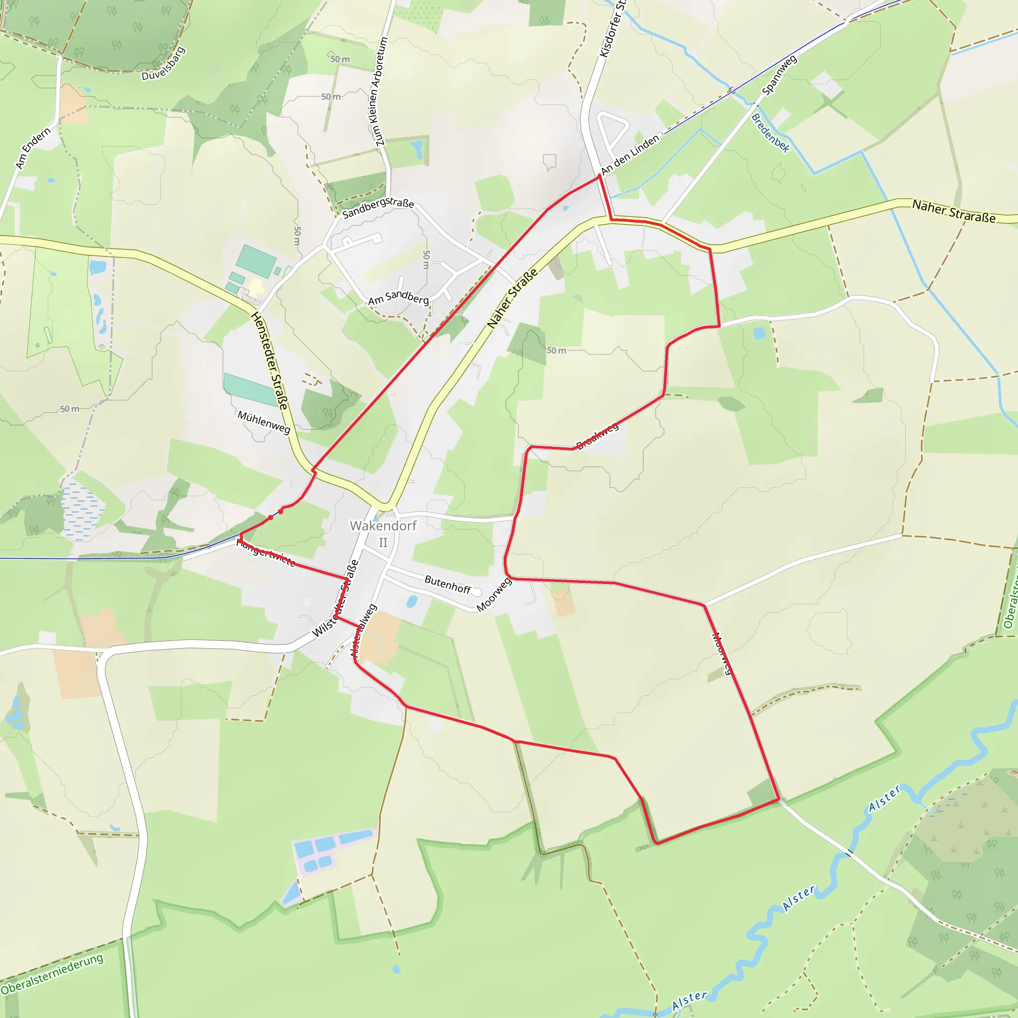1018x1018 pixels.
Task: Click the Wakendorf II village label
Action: tap(383, 533)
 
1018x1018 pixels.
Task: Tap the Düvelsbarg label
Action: tap(164, 64)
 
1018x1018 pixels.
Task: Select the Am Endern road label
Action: tap(33, 148)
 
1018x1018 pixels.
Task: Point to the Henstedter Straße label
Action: tap(270, 361)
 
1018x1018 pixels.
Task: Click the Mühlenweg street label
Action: tap(263, 422)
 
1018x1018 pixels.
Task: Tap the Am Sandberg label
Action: tap(398, 298)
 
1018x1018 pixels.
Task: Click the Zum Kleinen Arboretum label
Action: tap(380, 91)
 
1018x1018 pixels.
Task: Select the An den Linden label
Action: tap(630, 154)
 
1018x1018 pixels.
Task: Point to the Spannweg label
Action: tap(779, 75)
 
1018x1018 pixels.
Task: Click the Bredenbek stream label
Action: tap(770, 133)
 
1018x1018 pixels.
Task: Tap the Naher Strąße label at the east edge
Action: tap(954, 211)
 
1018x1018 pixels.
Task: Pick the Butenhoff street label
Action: tap(447, 585)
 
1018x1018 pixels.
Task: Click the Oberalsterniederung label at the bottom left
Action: tap(52, 974)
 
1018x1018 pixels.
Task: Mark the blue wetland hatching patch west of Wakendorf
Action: tap(82, 511)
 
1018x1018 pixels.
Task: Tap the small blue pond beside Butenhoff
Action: tap(412, 601)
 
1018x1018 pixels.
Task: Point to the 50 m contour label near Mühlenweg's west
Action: tap(70, 409)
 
